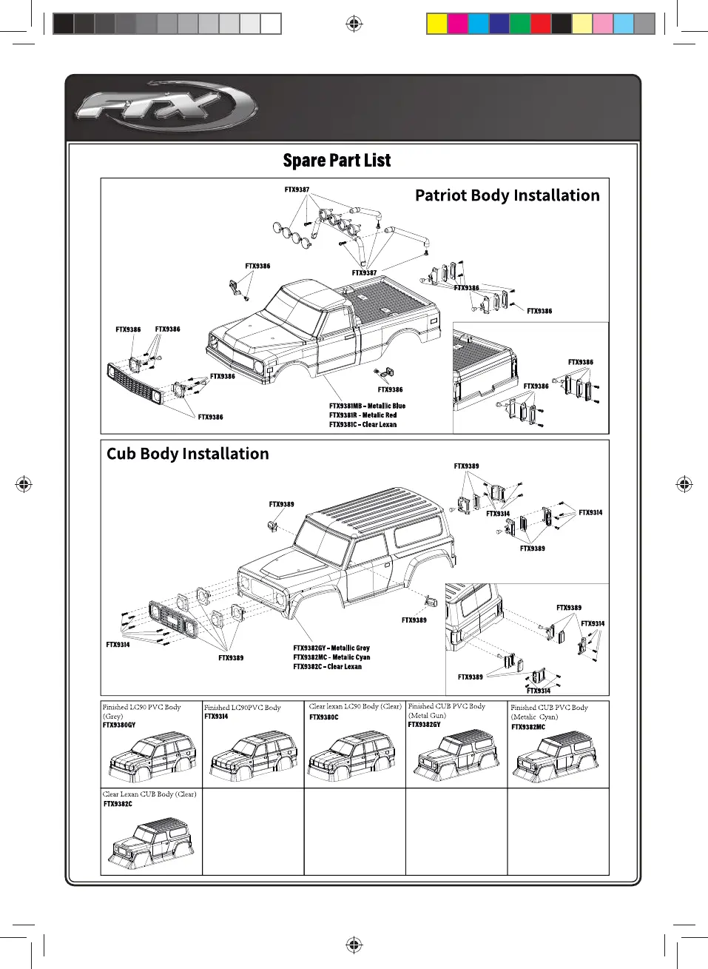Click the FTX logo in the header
click(x=166, y=107)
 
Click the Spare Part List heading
click(x=337, y=161)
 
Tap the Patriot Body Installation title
click(x=507, y=195)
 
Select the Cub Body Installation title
click(x=188, y=454)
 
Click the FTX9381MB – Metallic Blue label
click(x=367, y=406)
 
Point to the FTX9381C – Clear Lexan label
click(x=363, y=425)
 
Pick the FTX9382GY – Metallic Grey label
click(x=331, y=648)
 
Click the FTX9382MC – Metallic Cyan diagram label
click(x=331, y=657)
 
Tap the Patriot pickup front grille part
click(x=134, y=383)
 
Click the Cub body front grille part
click(x=173, y=617)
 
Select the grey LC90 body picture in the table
click(x=152, y=757)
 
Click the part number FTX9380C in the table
click(x=323, y=717)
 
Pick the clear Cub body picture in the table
click(x=152, y=843)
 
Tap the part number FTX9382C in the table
click(x=118, y=804)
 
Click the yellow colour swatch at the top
click(x=437, y=24)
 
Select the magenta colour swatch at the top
click(x=458, y=24)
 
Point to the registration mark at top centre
click(x=354, y=24)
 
